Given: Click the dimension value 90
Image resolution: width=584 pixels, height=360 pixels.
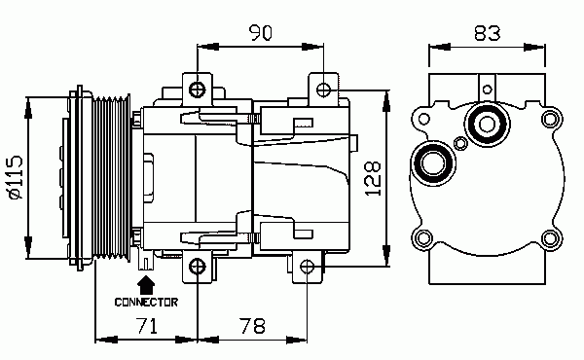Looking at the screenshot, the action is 261,32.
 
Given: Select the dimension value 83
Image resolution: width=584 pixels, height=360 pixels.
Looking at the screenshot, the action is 488,33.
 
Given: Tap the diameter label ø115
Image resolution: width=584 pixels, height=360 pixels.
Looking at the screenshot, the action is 16,177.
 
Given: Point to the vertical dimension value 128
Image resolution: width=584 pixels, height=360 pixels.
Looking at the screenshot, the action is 373,179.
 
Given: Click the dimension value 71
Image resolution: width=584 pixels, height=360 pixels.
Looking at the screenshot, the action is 147,325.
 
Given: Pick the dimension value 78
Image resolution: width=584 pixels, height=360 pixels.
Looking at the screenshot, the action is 252,326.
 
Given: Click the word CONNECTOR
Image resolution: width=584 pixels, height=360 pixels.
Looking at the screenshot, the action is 146,302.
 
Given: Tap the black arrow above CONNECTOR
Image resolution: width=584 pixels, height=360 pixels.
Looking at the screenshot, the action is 146,285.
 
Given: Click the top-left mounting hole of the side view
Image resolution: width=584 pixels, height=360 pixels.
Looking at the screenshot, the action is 197,90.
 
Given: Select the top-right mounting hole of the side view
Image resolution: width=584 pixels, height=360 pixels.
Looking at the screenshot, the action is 323,90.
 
